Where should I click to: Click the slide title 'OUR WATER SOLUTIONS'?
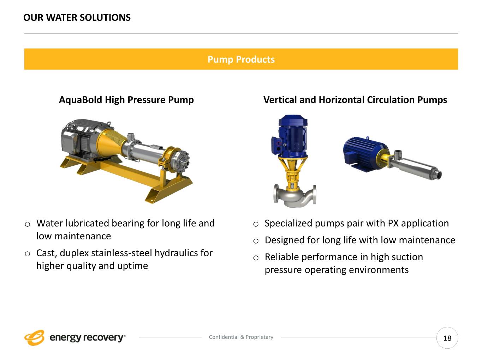(77, 18)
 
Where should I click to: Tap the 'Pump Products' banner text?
(241, 59)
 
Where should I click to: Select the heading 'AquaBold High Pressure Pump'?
(126, 100)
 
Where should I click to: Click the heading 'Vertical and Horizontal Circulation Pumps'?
(355, 100)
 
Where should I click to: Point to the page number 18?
(447, 338)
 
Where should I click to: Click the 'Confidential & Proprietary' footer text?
(241, 337)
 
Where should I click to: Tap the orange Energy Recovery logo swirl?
(34, 337)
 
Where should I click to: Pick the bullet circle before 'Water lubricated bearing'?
(28, 224)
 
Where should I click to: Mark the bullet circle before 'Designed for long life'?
(256, 241)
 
